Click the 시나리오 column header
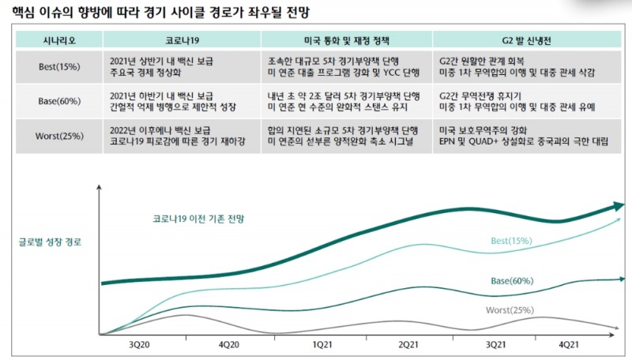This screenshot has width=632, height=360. click(59, 39)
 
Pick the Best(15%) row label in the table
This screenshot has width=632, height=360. click(59, 66)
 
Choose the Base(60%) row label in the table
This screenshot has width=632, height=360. click(59, 100)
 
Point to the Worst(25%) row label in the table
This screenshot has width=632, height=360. click(59, 136)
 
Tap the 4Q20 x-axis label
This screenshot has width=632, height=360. click(229, 344)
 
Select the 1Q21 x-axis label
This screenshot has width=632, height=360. click(322, 344)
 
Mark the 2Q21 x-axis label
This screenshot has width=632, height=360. click(408, 344)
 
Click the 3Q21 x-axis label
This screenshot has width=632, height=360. click(495, 344)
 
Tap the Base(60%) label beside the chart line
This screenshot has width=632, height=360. click(512, 281)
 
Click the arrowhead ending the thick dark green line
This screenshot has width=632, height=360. click(615, 208)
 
